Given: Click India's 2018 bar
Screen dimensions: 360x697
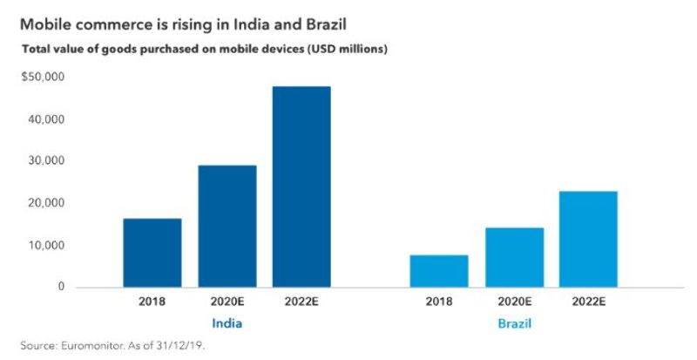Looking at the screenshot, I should point(152,253).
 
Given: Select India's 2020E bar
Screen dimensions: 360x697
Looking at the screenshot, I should point(227,226).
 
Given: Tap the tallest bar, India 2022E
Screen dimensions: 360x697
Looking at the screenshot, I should point(301,187).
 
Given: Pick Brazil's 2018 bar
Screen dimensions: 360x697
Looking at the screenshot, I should point(439,271).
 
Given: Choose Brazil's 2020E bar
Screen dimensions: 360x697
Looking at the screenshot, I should point(514,257).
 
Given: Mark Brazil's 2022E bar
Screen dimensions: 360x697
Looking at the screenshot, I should point(588,239).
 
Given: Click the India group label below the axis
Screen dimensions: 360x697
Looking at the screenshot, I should point(227,323).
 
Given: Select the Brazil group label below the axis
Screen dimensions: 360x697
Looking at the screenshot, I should point(513,323).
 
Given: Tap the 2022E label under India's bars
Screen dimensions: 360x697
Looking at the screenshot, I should point(301,302).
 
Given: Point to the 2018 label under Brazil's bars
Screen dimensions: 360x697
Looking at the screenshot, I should point(439,302).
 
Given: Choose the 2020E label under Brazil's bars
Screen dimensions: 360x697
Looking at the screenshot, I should point(514,302).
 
